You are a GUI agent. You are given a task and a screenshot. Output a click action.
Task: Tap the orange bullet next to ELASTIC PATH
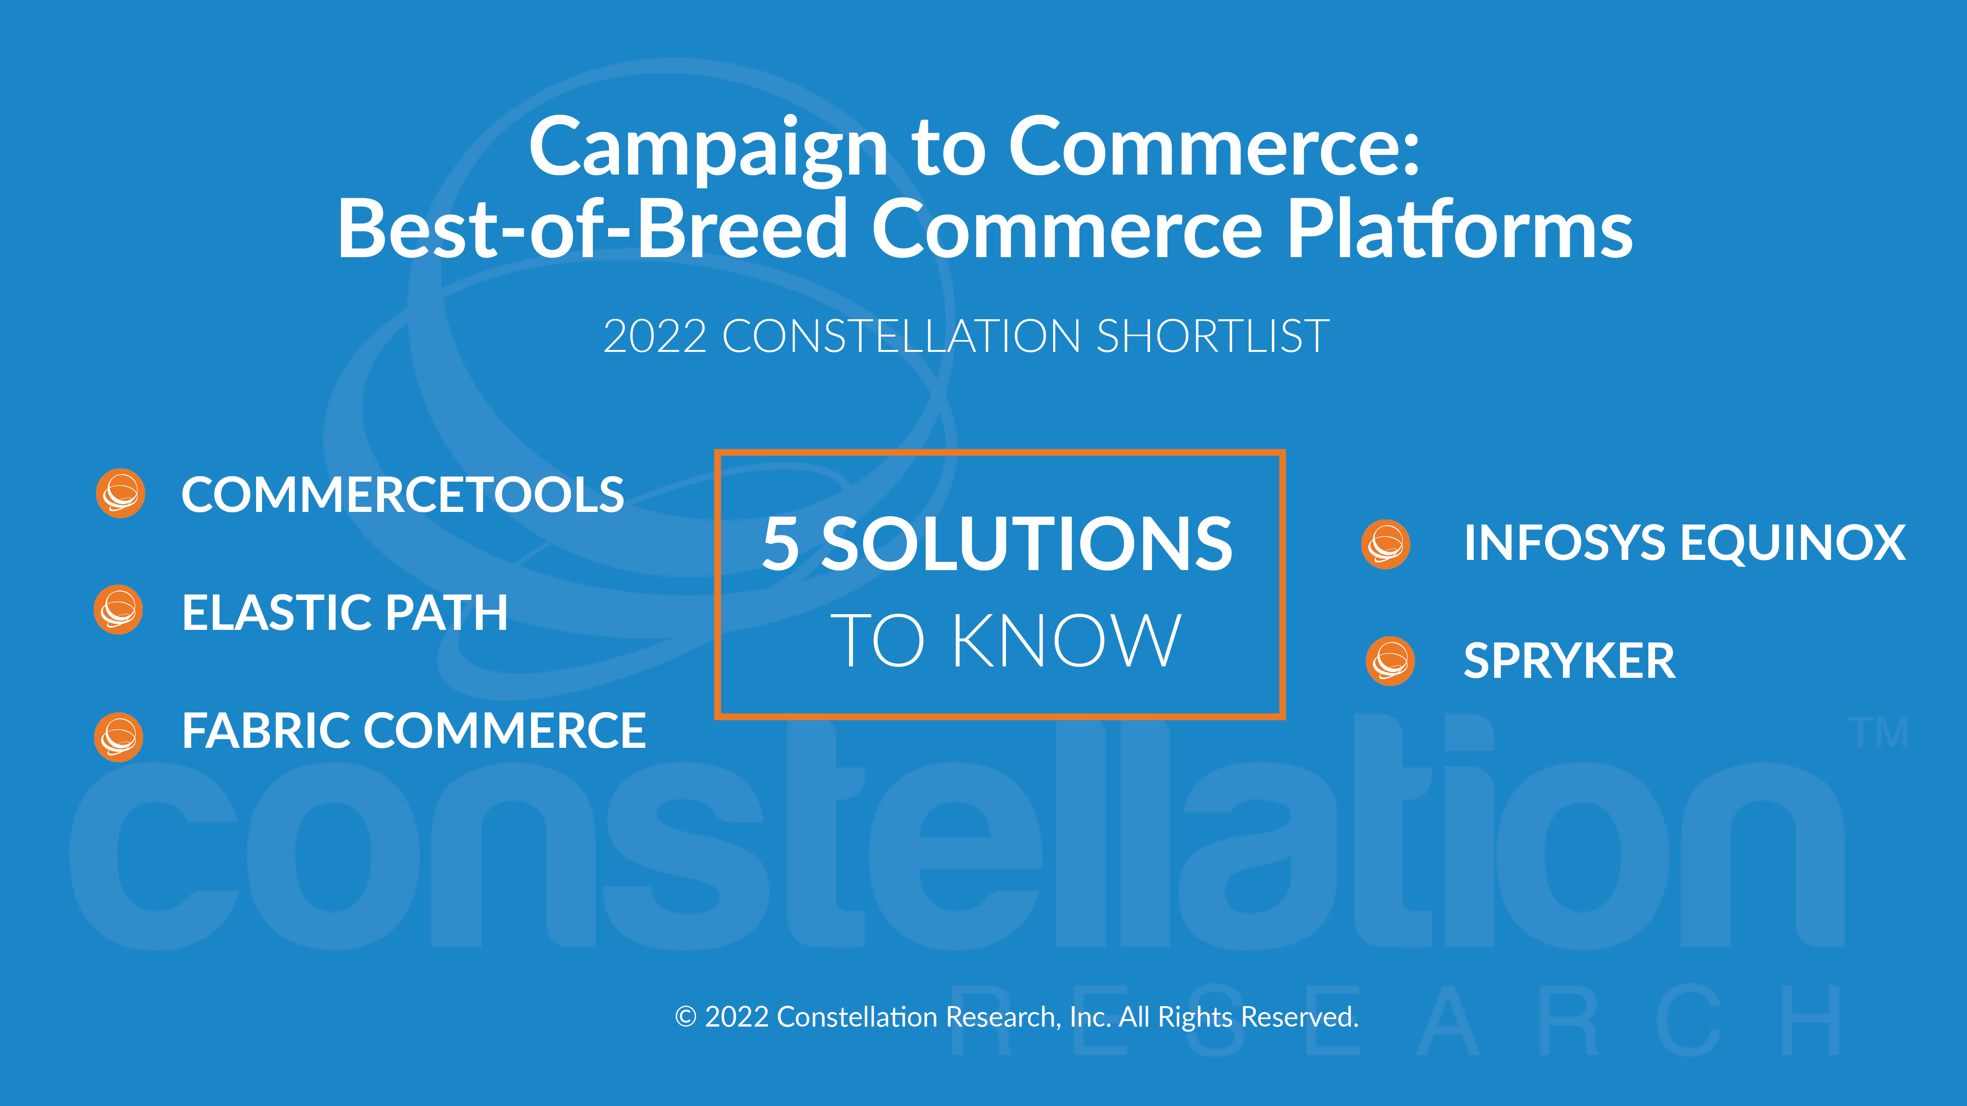point(118,610)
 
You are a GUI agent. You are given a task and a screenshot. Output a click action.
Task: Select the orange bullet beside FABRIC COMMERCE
point(118,737)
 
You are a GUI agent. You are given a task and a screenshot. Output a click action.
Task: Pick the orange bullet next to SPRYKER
point(1390,661)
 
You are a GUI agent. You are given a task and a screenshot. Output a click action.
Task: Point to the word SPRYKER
point(1569,661)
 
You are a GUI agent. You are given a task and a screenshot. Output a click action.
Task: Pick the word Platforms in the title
point(1459,228)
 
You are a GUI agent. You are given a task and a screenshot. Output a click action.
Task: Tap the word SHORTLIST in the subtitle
point(1212,337)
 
